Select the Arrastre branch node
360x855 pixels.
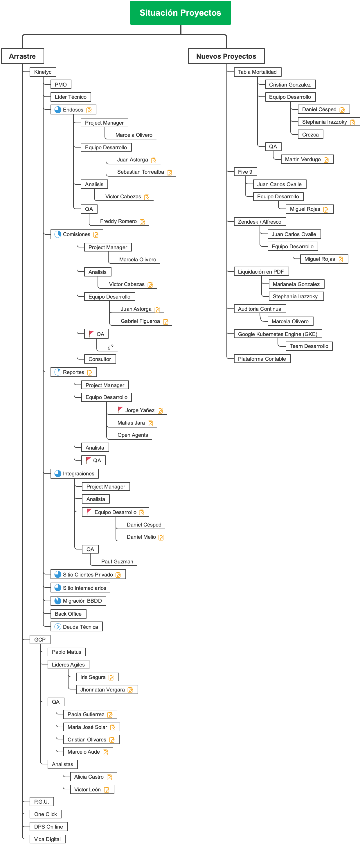pyautogui.click(x=22, y=56)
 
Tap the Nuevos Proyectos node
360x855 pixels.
pyautogui.click(x=226, y=56)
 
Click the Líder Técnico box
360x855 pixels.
pyautogui.click(x=70, y=97)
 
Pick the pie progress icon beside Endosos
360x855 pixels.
pyautogui.click(x=58, y=109)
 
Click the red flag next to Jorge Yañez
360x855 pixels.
pyautogui.click(x=120, y=410)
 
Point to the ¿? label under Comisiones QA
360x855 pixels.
pyautogui.click(x=111, y=347)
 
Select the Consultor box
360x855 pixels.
pyautogui.click(x=100, y=359)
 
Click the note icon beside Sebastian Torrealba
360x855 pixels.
pyautogui.click(x=170, y=172)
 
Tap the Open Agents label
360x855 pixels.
pyautogui.click(x=132, y=435)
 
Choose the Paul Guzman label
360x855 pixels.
pyautogui.click(x=117, y=562)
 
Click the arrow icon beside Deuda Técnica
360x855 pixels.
pyautogui.click(x=58, y=627)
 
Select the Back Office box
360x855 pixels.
pyautogui.click(x=68, y=614)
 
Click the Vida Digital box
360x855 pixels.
pyautogui.click(x=47, y=839)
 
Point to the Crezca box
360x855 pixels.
pyautogui.click(x=310, y=135)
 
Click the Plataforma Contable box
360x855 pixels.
pyautogui.click(x=262, y=359)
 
